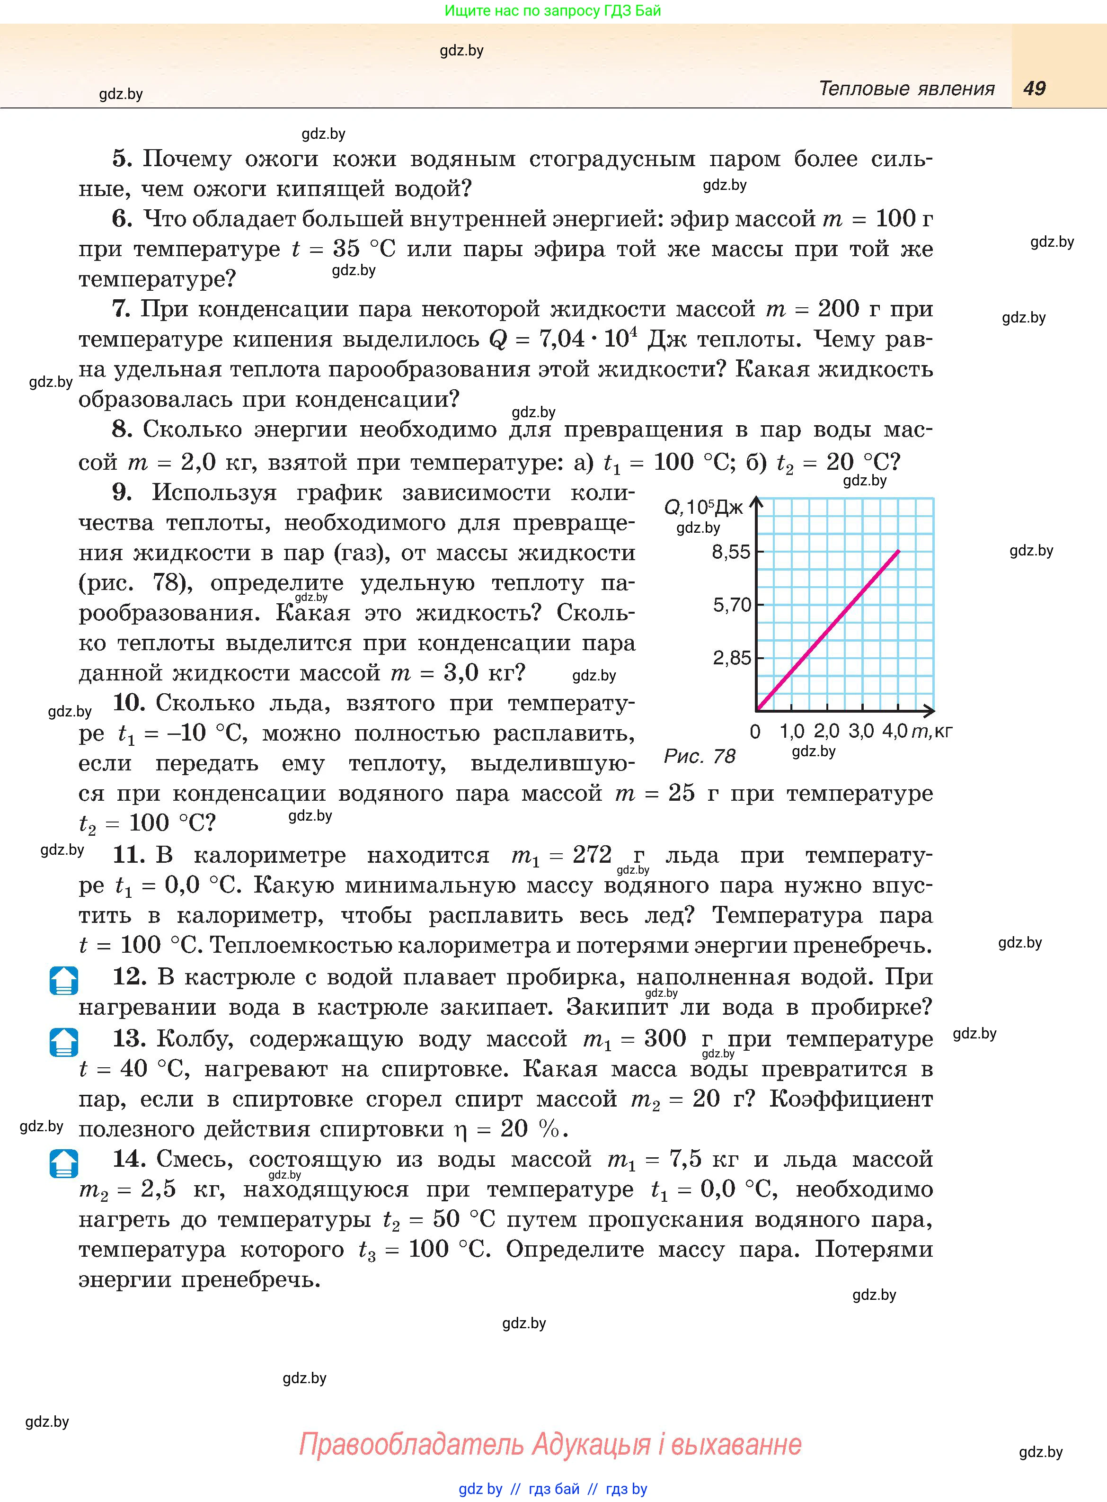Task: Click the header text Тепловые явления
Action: coord(907,89)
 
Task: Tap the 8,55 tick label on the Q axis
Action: coord(731,552)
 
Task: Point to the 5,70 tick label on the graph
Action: coord(732,605)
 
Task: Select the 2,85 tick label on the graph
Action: coord(732,658)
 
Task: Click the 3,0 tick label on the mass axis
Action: coord(861,731)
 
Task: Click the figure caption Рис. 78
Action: coord(700,757)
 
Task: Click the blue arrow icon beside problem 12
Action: coord(64,981)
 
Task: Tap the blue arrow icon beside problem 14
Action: coord(64,1163)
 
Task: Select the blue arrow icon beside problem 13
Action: coord(64,1042)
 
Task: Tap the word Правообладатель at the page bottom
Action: coord(411,1444)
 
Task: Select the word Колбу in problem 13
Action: coord(195,1039)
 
